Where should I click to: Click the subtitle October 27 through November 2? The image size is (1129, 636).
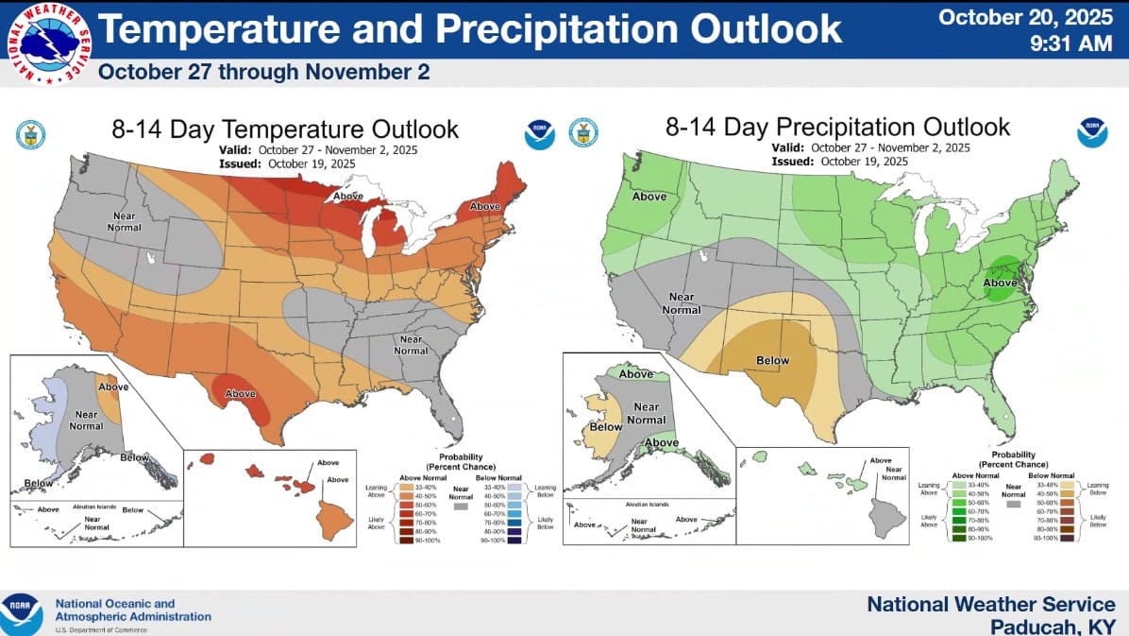pyautogui.click(x=263, y=72)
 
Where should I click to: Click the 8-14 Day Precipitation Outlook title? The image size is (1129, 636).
pyautogui.click(x=837, y=128)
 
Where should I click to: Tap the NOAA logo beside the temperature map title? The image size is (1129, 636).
pyautogui.click(x=539, y=134)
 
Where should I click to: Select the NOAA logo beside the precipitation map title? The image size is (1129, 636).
pyautogui.click(x=1091, y=133)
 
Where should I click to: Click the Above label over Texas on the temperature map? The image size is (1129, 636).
pyautogui.click(x=241, y=393)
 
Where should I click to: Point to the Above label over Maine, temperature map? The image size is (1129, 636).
pyautogui.click(x=485, y=206)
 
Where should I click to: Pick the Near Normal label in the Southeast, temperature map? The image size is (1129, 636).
pyautogui.click(x=411, y=345)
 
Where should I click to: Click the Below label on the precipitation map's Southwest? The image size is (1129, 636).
pyautogui.click(x=773, y=360)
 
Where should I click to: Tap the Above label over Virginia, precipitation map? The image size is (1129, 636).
pyautogui.click(x=1001, y=282)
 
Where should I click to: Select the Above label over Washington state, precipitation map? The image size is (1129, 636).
pyautogui.click(x=649, y=197)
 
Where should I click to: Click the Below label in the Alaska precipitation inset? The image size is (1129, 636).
pyautogui.click(x=606, y=426)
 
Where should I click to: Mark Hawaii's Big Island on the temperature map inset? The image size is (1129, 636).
pyautogui.click(x=334, y=519)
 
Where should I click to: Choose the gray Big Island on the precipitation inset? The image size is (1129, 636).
pyautogui.click(x=886, y=517)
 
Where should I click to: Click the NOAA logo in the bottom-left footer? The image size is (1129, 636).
pyautogui.click(x=21, y=612)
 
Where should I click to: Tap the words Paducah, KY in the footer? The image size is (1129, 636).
pyautogui.click(x=1053, y=626)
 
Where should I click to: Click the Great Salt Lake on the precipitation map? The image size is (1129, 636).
pyautogui.click(x=701, y=255)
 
